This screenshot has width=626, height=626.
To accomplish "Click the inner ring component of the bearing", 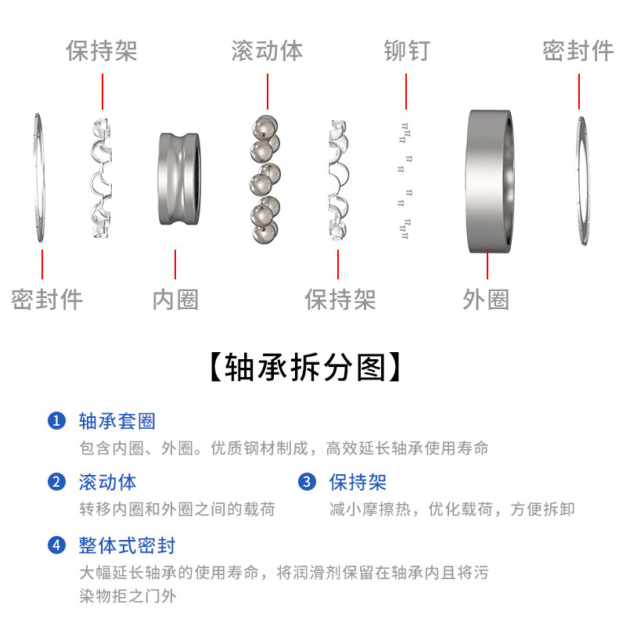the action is coord(178,179).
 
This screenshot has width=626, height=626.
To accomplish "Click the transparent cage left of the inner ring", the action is coord(103,179).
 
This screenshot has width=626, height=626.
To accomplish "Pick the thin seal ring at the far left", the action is coord(39,179).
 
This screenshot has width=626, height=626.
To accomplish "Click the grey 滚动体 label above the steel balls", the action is coord(267,52).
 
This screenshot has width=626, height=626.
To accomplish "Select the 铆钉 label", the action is coord(406,52).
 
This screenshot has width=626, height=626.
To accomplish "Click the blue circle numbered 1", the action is coord(56,421).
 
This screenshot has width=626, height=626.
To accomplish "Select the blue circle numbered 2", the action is coord(56,482).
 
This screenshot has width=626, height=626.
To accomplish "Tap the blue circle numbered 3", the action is coord(307,482).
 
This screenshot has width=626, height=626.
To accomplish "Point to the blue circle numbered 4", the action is coord(56,545).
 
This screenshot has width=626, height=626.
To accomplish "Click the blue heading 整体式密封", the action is coord(127,545).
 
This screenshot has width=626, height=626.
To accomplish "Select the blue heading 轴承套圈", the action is coord(117,421).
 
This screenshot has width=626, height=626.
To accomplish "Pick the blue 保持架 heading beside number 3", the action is coord(358,482).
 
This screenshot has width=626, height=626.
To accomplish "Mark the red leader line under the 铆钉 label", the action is coord(406,92).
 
